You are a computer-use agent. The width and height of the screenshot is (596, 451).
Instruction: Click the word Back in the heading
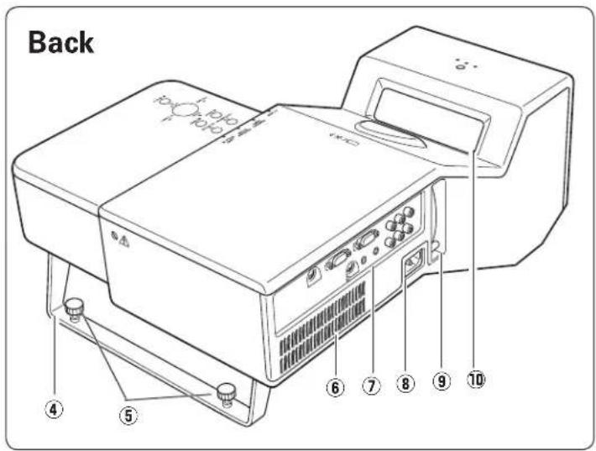pyautogui.click(x=60, y=42)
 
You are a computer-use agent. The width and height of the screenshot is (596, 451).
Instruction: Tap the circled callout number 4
pyautogui.click(x=54, y=410)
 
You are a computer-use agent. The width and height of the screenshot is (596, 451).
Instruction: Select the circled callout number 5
pyautogui.click(x=128, y=415)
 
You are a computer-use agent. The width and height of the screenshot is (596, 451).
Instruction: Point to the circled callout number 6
pyautogui.click(x=335, y=387)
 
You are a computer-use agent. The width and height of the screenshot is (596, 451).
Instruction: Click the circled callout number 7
pyautogui.click(x=371, y=386)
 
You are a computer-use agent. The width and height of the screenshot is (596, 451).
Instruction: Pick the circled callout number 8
pyautogui.click(x=405, y=383)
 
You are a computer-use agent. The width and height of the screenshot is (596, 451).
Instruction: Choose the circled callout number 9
pyautogui.click(x=442, y=380)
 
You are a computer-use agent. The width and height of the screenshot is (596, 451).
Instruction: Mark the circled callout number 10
pyautogui.click(x=476, y=379)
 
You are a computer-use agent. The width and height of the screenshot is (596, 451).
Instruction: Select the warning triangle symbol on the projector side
pyautogui.click(x=124, y=242)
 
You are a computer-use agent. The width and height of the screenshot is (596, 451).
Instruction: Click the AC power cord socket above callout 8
pyautogui.click(x=414, y=261)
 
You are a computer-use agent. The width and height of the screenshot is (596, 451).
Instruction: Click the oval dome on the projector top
pyautogui.click(x=390, y=134)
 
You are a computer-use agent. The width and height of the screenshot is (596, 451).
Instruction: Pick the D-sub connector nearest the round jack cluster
pyautogui.click(x=367, y=239)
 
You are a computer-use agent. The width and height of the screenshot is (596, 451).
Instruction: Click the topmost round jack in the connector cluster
pyautogui.click(x=408, y=212)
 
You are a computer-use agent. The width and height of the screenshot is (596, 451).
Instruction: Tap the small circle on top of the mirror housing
pyautogui.click(x=461, y=67)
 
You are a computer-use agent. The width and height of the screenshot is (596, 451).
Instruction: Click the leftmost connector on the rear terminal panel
pyautogui.click(x=314, y=275)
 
